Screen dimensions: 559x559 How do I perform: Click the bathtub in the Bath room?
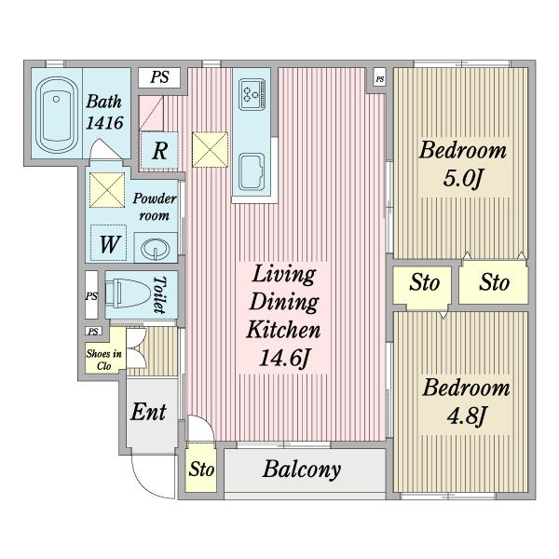pos(56,116)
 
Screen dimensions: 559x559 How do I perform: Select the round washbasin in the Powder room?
pos(155,248)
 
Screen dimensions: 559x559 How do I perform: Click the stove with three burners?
pos(252,94)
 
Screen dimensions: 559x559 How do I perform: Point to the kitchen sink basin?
pos(252,172)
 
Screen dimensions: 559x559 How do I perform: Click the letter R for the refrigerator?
pos(159,151)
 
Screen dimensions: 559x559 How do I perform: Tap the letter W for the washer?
pos(109,244)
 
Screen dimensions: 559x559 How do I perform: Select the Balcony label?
pos(302,470)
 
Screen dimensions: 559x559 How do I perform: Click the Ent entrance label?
pos(148,412)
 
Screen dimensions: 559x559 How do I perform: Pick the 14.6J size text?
pos(283,358)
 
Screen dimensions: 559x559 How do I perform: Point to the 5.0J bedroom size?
pos(462,178)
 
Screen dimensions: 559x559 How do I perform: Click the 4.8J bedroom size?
pos(466,416)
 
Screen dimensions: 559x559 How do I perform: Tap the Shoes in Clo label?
pos(103,360)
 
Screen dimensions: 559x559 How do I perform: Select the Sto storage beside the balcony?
pos(201,469)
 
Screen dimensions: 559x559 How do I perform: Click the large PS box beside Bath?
pos(159,77)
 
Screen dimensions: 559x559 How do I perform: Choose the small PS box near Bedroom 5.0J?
pos(380,79)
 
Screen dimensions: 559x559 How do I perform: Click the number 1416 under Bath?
pos(104,123)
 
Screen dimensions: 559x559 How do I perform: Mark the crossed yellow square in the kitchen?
pos(210,150)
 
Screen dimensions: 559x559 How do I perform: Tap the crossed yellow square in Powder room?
pos(107,190)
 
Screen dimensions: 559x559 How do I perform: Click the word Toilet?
pos(159,294)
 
